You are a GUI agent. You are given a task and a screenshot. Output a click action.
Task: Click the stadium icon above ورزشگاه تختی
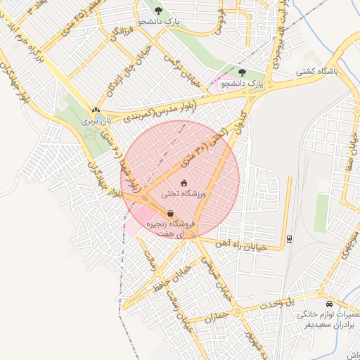pos(184,183)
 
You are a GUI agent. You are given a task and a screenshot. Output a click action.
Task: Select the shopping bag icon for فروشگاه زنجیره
pos(170,213)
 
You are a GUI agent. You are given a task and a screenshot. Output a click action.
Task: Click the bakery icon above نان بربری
pos(95,110)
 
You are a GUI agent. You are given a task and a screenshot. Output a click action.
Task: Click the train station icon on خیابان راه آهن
pos(289,238)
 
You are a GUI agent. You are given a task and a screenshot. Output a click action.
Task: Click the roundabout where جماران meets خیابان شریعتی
pos(238,310)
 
